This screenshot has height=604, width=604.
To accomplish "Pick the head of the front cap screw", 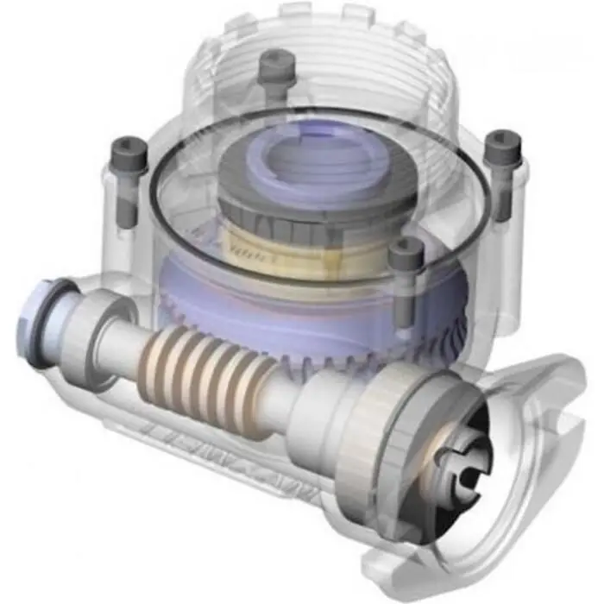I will point(406,253).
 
